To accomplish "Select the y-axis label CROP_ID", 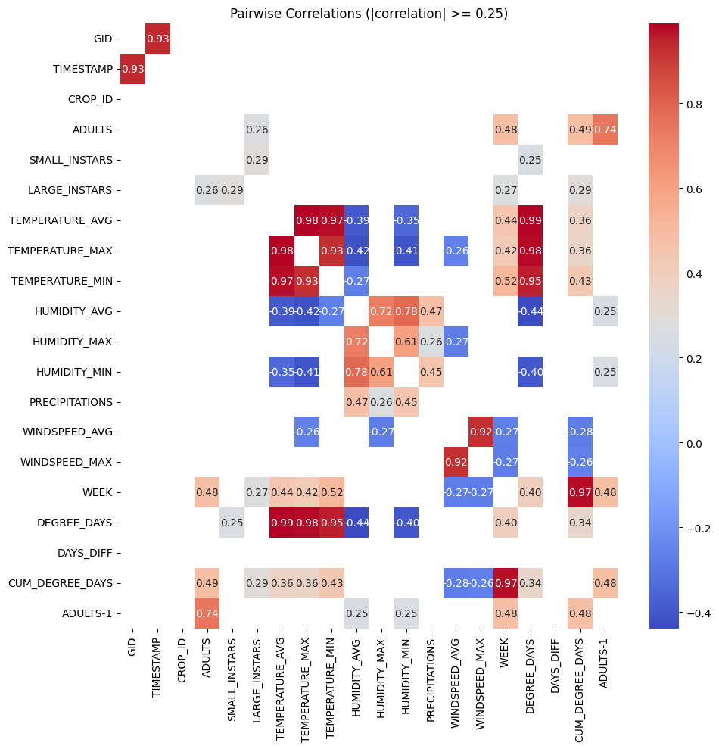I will (90, 99).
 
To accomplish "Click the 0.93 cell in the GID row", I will (157, 39).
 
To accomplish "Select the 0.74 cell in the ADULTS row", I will (605, 130).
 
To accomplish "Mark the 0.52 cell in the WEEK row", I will (331, 493).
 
